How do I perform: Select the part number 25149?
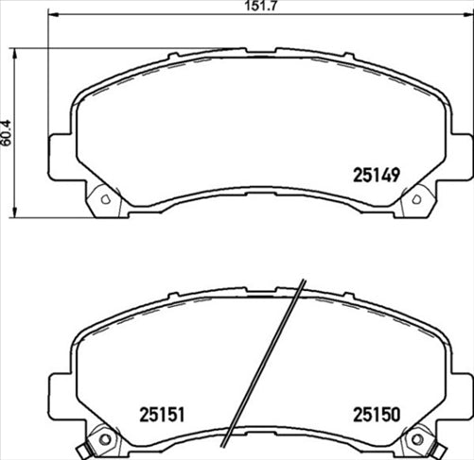click(377, 174)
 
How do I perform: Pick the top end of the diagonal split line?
click(302, 281)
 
